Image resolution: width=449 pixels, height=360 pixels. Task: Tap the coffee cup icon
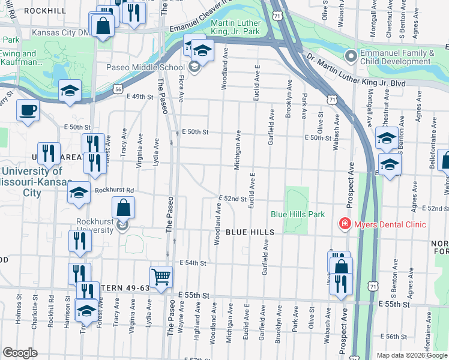[28, 110]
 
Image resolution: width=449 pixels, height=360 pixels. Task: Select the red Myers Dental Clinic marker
[345, 224]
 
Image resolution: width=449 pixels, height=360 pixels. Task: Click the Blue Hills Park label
[298, 214]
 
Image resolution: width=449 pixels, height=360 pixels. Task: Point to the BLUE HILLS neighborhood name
[250, 232]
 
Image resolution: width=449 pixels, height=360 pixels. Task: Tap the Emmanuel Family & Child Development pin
[351, 56]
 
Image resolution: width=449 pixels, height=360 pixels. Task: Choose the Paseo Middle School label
[155, 67]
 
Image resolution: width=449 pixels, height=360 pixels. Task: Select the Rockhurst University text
[91, 225]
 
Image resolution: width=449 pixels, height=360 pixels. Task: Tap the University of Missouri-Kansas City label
[36, 182]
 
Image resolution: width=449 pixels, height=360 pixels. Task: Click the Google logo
[20, 352]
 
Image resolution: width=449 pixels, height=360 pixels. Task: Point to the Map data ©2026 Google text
[411, 355]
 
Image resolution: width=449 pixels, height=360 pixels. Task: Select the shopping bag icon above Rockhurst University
[123, 208]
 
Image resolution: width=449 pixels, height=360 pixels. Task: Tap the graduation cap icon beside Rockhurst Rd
[79, 193]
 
